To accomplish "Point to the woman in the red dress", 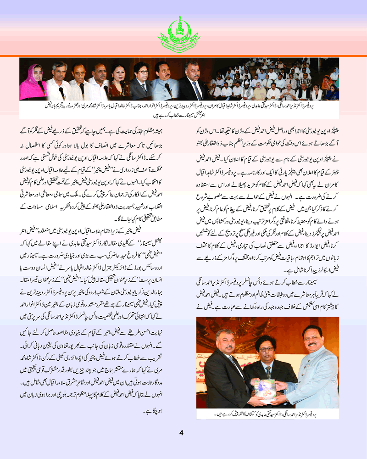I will point(117,83).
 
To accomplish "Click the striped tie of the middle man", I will point(268,372).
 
